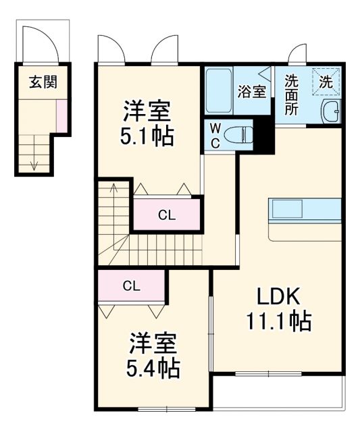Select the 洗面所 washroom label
pyautogui.click(x=290, y=94)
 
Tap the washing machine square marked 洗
pyautogui.click(x=326, y=83)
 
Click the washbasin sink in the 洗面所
pyautogui.click(x=330, y=113)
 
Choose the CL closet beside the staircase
pyautogui.click(x=167, y=215)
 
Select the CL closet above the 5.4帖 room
pyautogui.click(x=131, y=285)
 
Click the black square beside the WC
pyautogui.click(x=263, y=136)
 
